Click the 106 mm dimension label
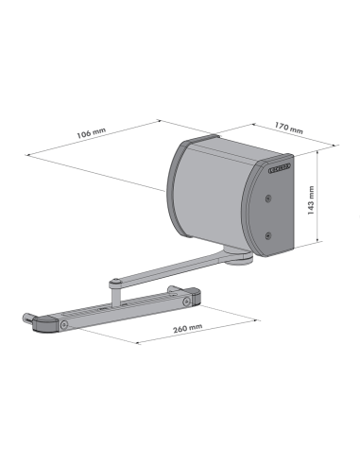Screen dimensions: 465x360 (90, 135)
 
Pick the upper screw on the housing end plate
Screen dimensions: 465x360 (268, 198)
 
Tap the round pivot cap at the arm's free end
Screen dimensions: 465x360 (114, 280)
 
